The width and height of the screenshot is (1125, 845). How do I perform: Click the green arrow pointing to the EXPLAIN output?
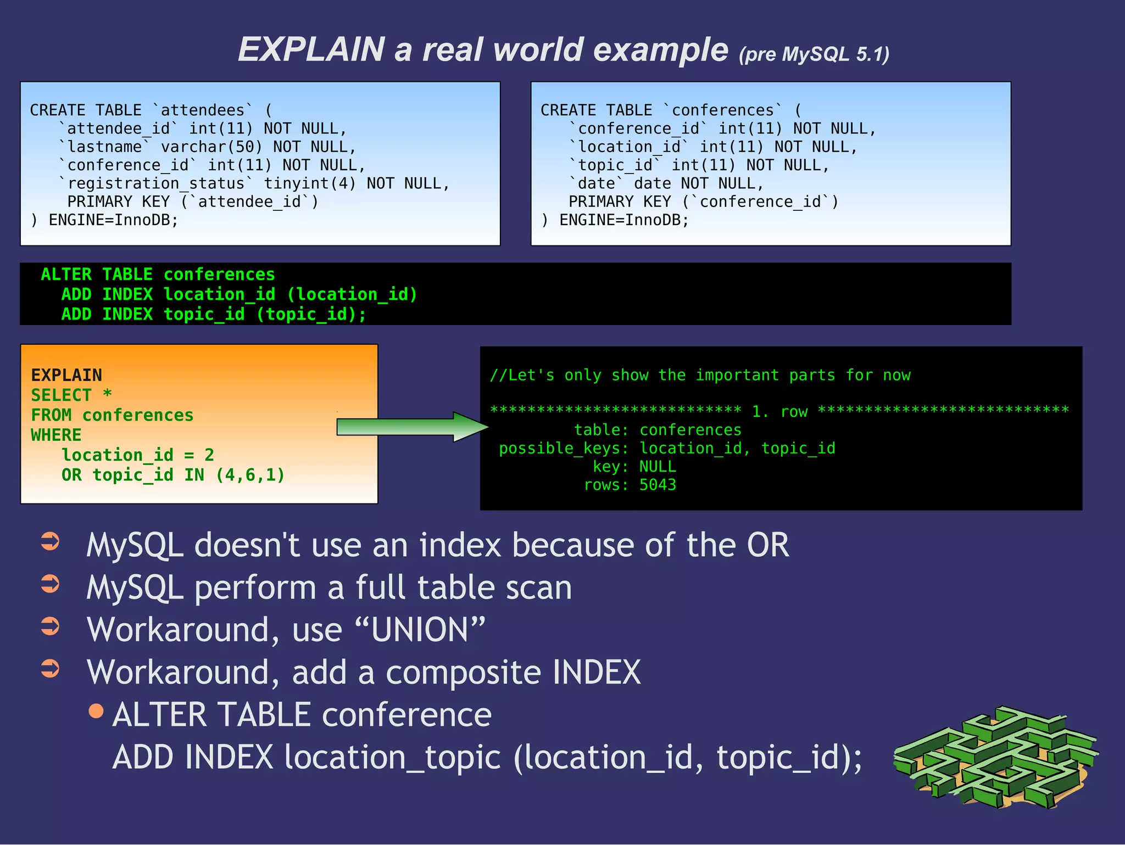click(412, 427)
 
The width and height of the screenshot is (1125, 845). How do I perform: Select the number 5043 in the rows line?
click(658, 485)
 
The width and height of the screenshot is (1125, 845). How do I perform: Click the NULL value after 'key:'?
click(658, 467)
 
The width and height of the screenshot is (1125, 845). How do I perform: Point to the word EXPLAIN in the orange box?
click(66, 375)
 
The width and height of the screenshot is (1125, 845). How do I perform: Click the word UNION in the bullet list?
click(420, 630)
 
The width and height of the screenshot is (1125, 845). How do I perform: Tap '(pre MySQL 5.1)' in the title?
click(814, 54)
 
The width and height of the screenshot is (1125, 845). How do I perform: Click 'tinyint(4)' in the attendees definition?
click(310, 183)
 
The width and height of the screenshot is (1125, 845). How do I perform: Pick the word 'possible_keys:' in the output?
click(564, 449)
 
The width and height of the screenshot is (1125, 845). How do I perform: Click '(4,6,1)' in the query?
click(250, 475)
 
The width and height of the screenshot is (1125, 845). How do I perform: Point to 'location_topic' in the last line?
click(392, 758)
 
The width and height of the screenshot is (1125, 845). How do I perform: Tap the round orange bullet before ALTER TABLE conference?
click(96, 711)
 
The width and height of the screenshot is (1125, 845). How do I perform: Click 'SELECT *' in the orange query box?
click(71, 395)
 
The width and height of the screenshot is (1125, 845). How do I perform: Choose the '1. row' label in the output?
click(779, 411)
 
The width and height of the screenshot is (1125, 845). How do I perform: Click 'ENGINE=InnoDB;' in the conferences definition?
click(623, 220)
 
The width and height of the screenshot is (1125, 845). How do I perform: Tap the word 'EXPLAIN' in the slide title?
click(311, 49)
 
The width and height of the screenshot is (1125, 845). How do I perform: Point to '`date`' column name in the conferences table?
click(597, 183)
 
